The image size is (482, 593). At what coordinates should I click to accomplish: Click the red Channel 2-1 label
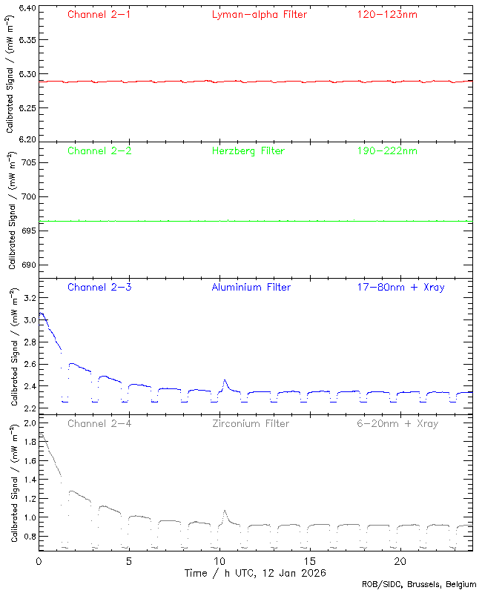[99, 14]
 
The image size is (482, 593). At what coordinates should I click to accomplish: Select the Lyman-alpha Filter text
[259, 14]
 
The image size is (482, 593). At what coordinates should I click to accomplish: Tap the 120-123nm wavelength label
[386, 14]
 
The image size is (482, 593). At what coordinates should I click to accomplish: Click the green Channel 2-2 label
[99, 150]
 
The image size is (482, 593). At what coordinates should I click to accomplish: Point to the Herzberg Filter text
[248, 150]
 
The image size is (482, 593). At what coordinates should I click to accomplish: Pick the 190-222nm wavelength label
[386, 150]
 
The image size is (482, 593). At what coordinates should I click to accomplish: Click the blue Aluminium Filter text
[251, 287]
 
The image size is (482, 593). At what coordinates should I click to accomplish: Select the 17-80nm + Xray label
[400, 287]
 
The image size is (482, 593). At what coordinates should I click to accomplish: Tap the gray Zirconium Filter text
[251, 423]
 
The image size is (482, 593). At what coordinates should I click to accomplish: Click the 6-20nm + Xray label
[396, 423]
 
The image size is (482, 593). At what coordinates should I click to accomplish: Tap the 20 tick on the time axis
[400, 561]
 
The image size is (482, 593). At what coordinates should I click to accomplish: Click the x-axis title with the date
[255, 573]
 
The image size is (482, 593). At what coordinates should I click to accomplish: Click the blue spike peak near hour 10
[224, 380]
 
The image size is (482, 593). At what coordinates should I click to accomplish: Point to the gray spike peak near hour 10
[224, 511]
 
